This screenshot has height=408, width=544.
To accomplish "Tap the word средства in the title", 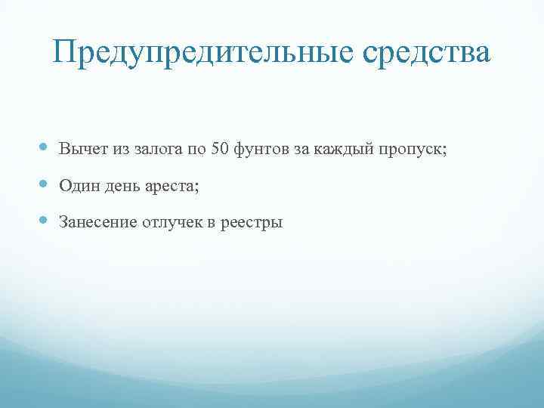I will [422, 52].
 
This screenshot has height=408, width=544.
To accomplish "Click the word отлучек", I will [171, 223].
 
